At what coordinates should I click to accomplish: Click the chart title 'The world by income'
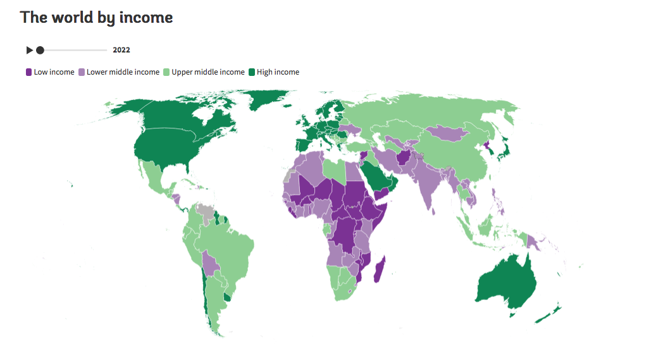point(96,18)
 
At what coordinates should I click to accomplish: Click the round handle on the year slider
point(40,50)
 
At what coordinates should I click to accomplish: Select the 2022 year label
point(121,50)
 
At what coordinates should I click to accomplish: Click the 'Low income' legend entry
point(50,72)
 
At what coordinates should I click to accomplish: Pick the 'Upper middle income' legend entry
point(204,72)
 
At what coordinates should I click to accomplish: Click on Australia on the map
point(506,285)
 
